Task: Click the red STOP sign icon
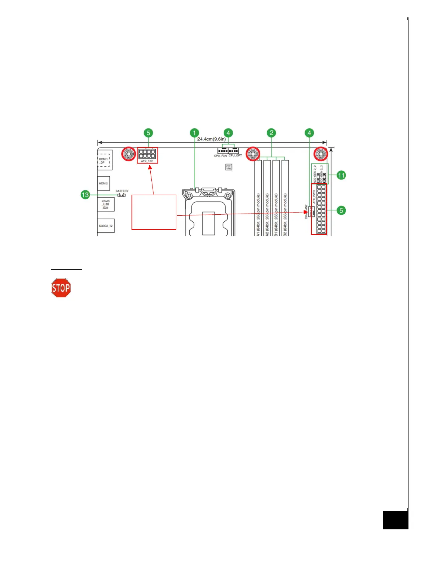(61, 288)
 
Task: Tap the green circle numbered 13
(85, 195)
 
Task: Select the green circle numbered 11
(341, 175)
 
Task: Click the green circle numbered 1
(194, 133)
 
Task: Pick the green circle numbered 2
(271, 133)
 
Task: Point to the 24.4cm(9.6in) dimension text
(211, 139)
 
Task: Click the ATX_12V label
(147, 161)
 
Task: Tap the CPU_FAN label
(220, 156)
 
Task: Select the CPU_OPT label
(235, 156)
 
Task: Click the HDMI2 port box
(104, 183)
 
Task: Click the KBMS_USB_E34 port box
(106, 204)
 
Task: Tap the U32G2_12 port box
(106, 226)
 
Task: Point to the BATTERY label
(122, 191)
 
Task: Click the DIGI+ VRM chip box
(229, 167)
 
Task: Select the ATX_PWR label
(314, 197)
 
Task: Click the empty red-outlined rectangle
(154, 212)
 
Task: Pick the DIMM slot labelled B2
(285, 199)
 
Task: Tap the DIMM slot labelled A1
(258, 199)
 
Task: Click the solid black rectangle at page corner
(395, 520)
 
